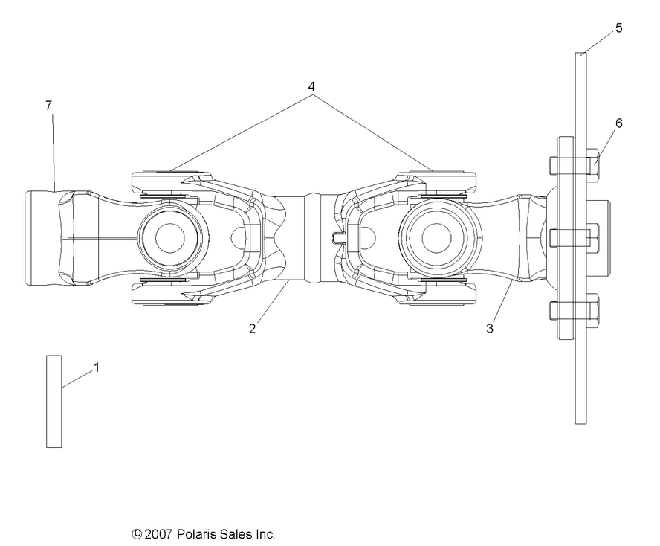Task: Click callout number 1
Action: tap(96, 367)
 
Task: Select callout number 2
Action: tap(253, 328)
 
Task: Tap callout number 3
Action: tap(490, 328)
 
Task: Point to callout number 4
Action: tap(312, 86)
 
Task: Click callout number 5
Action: tap(619, 28)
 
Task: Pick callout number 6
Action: tap(618, 123)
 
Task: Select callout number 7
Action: tap(48, 106)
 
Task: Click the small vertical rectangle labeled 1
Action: tap(54, 401)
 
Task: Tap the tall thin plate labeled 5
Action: tap(580, 357)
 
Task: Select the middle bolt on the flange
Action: tap(574, 238)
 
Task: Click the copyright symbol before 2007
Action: tap(137, 534)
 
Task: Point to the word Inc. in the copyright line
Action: tap(265, 534)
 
